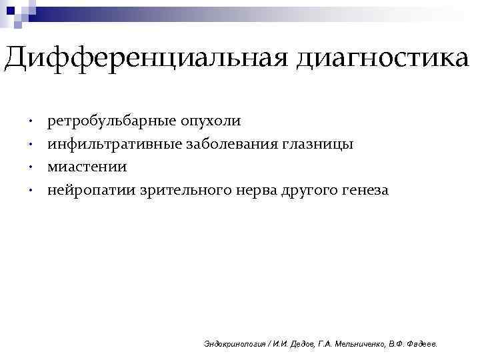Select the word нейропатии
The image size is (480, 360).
[91, 189]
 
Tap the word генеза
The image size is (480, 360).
[365, 189]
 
